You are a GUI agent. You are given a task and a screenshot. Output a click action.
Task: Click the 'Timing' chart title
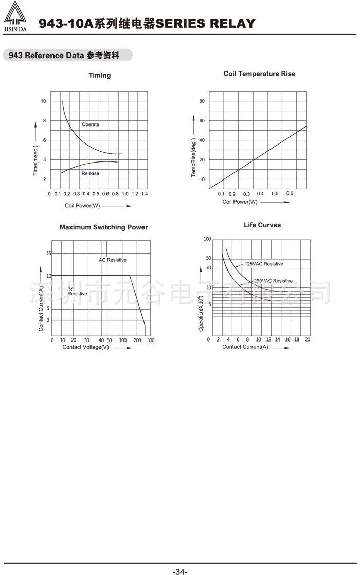pos(99,75)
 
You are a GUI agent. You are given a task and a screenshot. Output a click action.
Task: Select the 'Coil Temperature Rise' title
pos(259,74)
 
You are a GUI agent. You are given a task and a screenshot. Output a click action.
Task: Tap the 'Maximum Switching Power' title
pos(103,227)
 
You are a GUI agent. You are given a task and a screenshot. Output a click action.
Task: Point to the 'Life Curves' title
pos(262,225)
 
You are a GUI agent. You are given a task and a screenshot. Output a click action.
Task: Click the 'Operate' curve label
pos(91,124)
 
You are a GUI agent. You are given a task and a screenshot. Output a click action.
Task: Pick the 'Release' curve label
pos(91,173)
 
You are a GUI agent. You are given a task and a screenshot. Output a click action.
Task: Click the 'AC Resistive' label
pos(113,260)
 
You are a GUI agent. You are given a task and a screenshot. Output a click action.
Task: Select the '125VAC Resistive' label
pos(263,264)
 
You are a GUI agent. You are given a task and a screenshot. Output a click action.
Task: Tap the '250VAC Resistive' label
pos(273,281)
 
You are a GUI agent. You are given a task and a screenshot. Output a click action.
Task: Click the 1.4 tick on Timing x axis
pos(145,194)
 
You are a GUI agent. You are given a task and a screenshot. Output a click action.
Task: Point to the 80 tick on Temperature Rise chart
pos(202,101)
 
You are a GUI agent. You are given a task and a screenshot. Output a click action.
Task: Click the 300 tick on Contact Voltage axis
pos(150,340)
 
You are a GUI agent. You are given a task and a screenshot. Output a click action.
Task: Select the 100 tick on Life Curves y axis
pos(207,239)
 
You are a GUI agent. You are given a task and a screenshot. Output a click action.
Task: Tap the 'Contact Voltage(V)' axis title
pos(85,347)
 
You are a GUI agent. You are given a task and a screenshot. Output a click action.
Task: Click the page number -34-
pos(180,571)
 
